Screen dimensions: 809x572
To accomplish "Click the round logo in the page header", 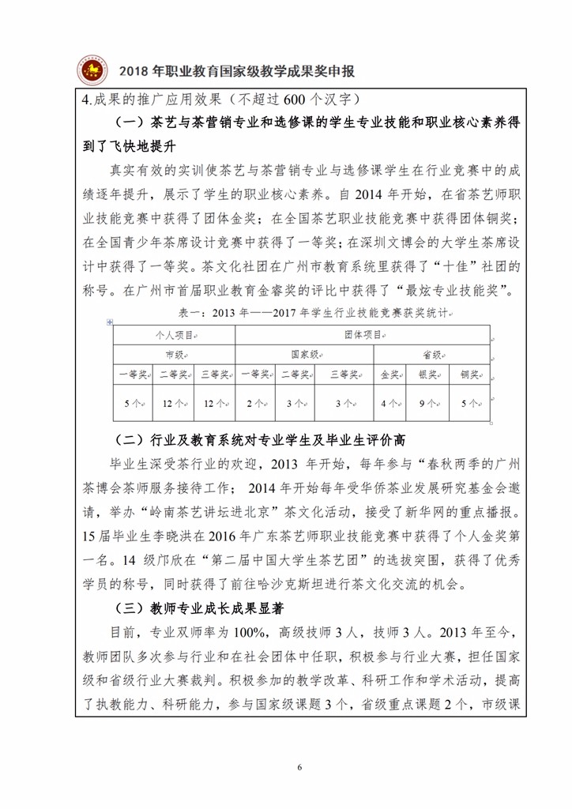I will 92,71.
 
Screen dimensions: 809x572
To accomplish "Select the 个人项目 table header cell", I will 174,335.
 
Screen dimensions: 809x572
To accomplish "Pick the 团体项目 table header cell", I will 362,335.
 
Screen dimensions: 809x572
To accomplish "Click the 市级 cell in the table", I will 174,355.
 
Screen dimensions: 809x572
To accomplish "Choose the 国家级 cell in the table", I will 304,355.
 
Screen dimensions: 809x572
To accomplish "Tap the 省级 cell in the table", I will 431,355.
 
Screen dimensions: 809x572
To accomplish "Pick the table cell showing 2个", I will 254,403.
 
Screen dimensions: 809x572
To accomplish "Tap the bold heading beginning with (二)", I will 265,439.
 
